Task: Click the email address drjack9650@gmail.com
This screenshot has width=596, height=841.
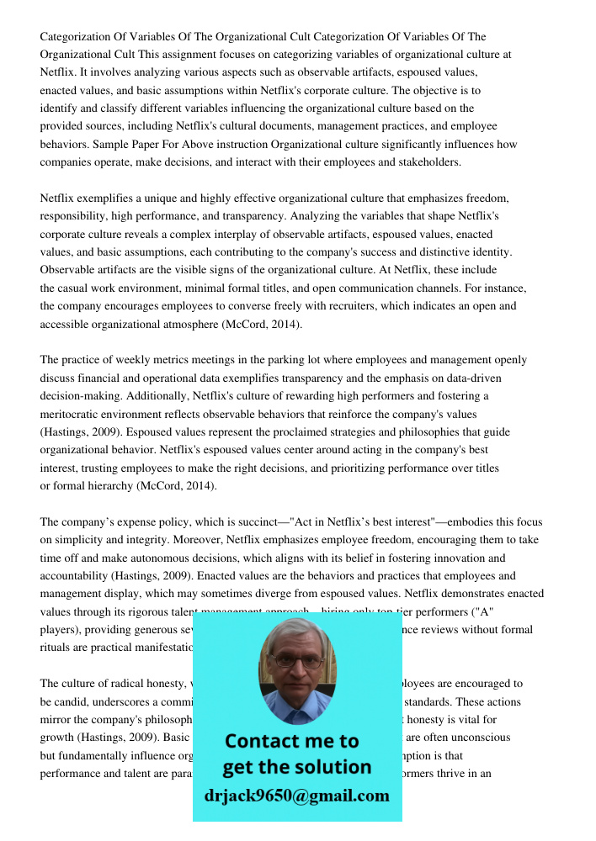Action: pyautogui.click(x=296, y=796)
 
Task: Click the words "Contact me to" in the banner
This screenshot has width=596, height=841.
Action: pyautogui.click(x=291, y=741)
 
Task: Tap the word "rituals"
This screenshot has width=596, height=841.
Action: pyautogui.click(x=56, y=648)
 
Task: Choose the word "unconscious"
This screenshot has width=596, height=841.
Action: pyautogui.click(x=482, y=738)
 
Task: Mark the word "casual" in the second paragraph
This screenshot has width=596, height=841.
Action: pyautogui.click(x=74, y=288)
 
